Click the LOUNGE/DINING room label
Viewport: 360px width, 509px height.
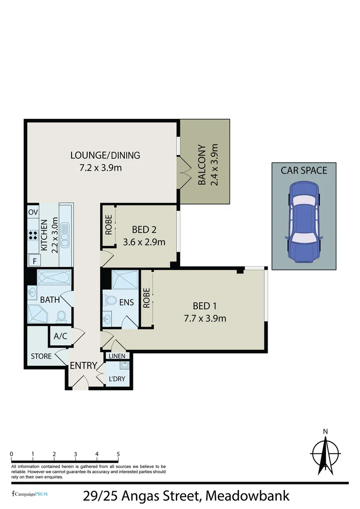click(105, 155)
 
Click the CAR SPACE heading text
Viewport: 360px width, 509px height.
click(304, 170)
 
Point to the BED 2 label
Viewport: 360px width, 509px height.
click(144, 230)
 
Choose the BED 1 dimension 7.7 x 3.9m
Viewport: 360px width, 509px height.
click(205, 318)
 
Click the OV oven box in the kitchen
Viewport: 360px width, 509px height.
click(33, 212)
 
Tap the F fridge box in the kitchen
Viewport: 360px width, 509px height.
click(33, 260)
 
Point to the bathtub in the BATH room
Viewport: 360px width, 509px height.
click(53, 278)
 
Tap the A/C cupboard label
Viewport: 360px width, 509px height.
click(60, 337)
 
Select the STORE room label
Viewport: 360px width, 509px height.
click(41, 356)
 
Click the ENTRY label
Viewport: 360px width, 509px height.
click(83, 366)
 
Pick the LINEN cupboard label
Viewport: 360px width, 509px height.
click(116, 356)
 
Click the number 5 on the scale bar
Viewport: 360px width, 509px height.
click(118, 454)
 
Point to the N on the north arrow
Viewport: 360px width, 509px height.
click(325, 431)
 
